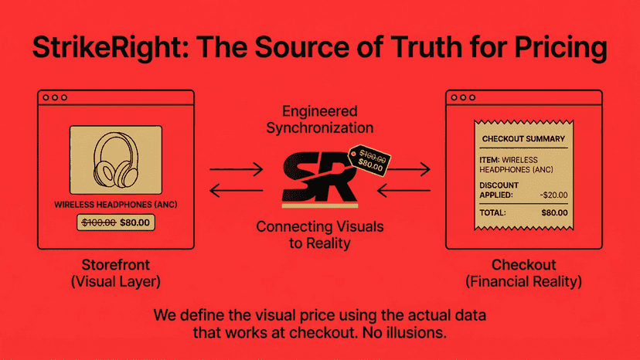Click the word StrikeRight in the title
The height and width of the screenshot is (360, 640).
click(x=107, y=47)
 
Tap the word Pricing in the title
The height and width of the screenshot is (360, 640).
click(x=560, y=48)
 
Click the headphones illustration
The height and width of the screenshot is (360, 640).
click(x=116, y=160)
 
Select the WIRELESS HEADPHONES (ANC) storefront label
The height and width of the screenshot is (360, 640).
click(x=116, y=205)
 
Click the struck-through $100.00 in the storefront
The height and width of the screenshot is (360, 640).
click(x=99, y=222)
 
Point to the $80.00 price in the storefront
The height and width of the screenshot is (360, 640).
click(x=134, y=222)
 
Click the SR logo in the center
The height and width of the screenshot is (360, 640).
click(x=319, y=178)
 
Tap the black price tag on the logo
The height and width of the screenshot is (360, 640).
click(x=369, y=161)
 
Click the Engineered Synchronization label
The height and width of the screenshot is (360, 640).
click(x=320, y=119)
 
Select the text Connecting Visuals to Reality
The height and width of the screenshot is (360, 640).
click(x=320, y=235)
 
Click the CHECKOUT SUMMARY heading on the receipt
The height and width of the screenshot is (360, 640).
click(x=523, y=139)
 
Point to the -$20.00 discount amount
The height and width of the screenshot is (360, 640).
click(x=554, y=195)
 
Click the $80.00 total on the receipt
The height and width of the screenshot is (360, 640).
click(x=554, y=212)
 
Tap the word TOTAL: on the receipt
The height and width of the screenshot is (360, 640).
click(x=492, y=212)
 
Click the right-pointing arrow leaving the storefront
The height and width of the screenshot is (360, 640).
click(x=237, y=169)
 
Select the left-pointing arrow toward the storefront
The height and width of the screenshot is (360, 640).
click(x=237, y=190)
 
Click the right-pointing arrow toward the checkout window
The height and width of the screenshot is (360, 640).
click(x=409, y=169)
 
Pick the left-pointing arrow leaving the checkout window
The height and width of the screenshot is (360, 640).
click(x=403, y=190)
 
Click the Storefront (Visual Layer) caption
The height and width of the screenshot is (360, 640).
click(x=116, y=273)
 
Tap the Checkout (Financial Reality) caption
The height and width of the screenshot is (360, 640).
click(x=524, y=273)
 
